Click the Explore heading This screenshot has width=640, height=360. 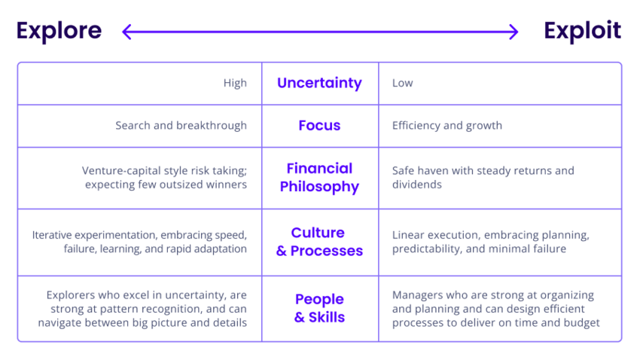[x=59, y=31]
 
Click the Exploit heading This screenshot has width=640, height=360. [x=582, y=31]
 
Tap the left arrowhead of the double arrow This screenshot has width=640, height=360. [x=126, y=32]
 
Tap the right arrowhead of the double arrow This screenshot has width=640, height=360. [x=514, y=32]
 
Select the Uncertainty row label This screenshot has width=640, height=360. [x=319, y=83]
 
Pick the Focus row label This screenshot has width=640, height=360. [x=319, y=126]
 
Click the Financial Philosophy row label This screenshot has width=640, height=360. [x=319, y=178]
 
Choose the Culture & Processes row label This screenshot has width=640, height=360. [x=319, y=242]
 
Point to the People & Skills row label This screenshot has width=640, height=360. [x=319, y=308]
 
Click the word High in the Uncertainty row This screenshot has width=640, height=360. [x=235, y=83]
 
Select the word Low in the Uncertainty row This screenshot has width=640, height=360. [x=402, y=83]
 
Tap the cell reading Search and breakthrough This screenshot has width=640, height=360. [x=181, y=126]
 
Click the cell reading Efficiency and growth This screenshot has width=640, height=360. [x=446, y=126]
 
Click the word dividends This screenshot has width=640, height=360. [x=418, y=185]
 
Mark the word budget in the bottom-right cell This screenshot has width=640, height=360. [x=581, y=322]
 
